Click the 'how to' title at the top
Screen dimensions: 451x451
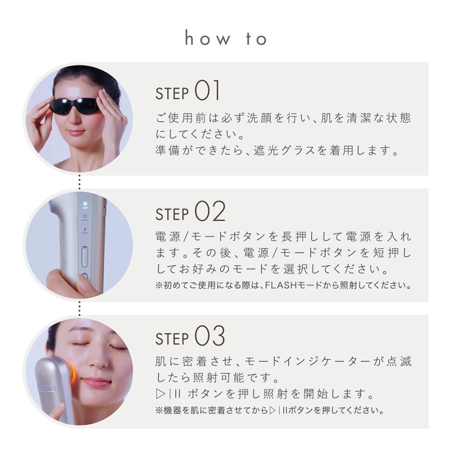(x=225, y=39)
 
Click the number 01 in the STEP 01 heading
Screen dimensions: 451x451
(x=207, y=92)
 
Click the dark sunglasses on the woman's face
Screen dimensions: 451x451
(x=75, y=106)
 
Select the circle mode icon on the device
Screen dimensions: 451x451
(x=85, y=216)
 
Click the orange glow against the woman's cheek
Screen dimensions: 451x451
(x=73, y=371)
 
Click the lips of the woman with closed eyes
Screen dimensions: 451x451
(x=96, y=382)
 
